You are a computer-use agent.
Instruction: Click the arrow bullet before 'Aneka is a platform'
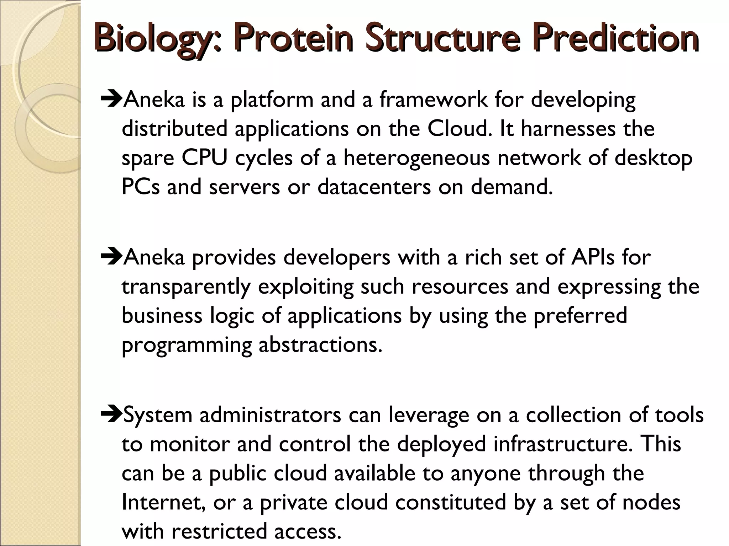pos(111,100)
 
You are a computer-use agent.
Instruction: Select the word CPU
pos(204,158)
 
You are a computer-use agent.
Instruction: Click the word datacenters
pos(374,187)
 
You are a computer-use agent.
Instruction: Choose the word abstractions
pos(320,345)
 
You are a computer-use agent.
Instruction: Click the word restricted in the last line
pos(219,532)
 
